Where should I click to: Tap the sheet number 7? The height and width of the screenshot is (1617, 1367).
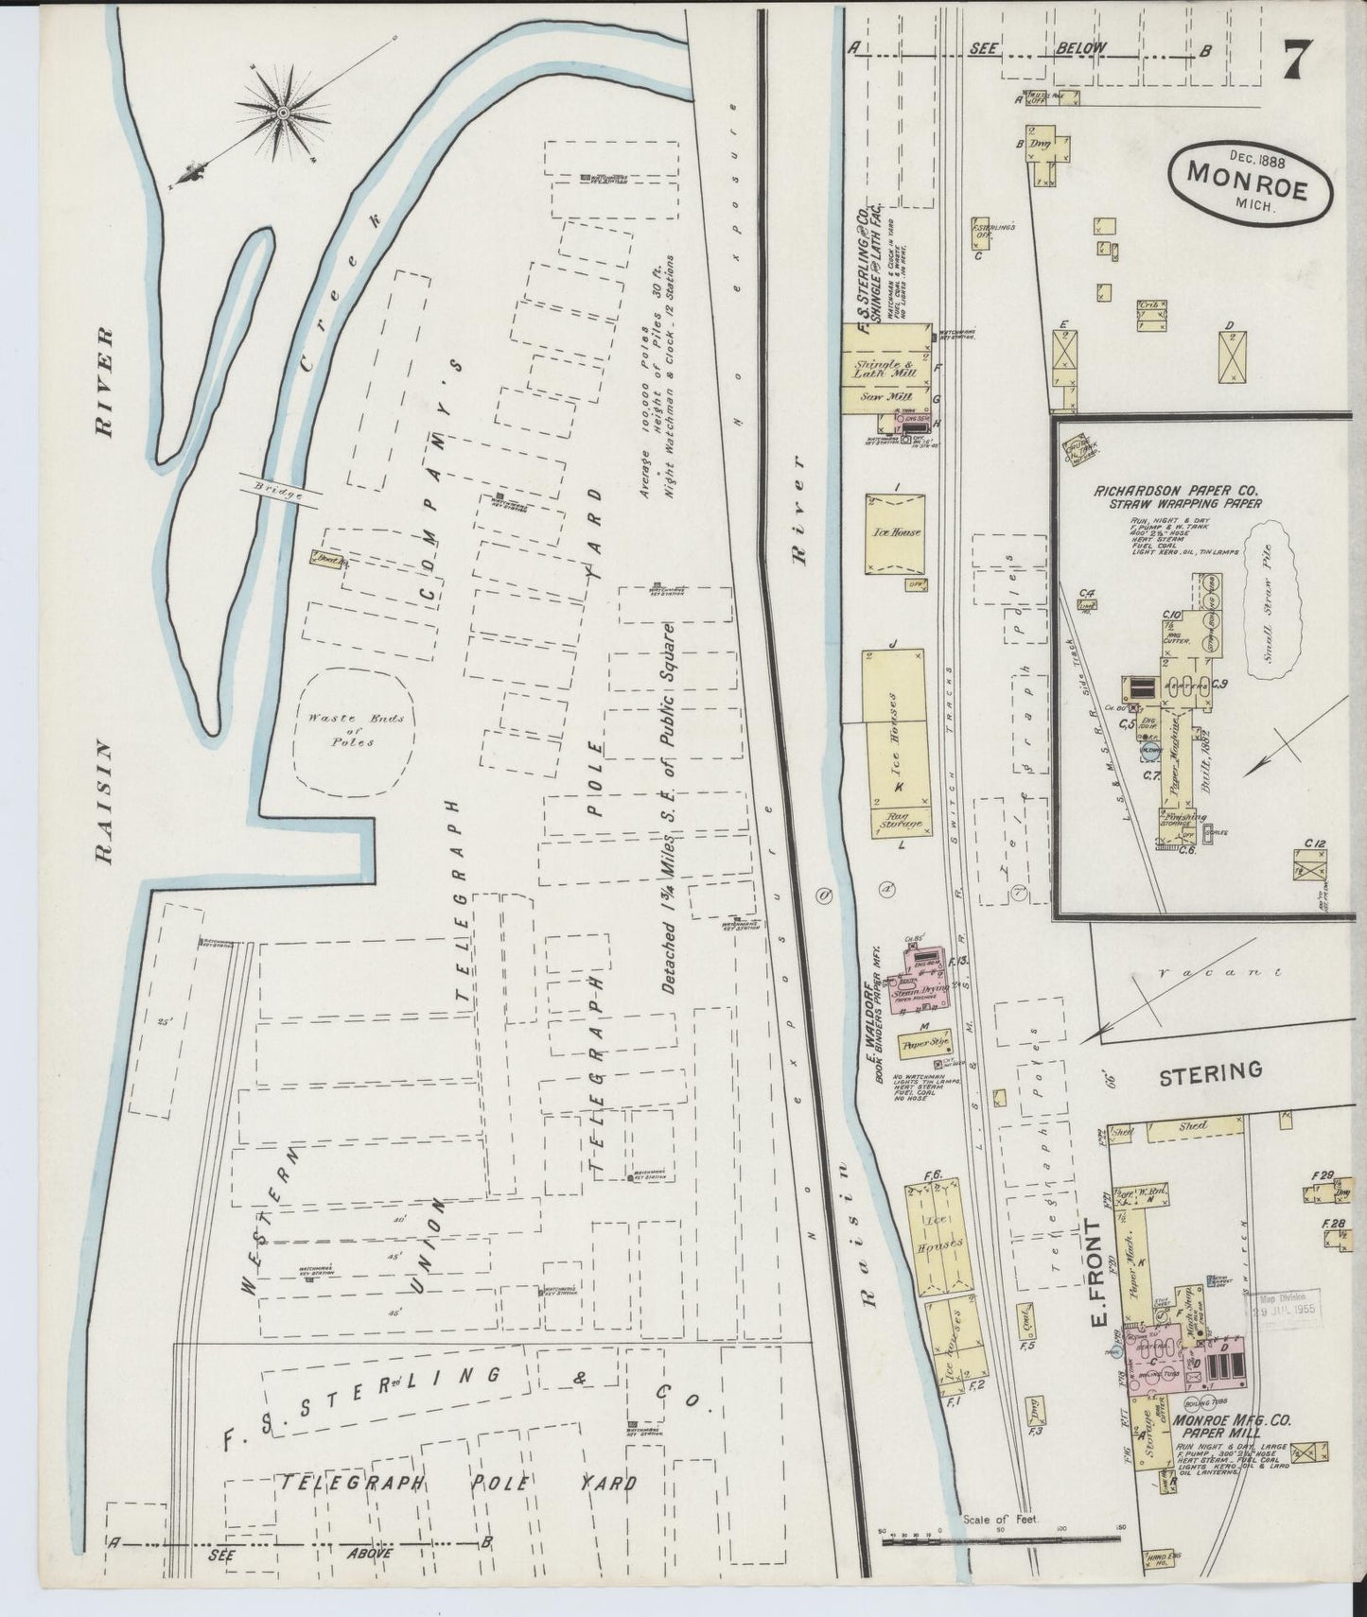pyautogui.click(x=1297, y=63)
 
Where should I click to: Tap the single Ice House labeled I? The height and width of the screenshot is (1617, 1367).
pyautogui.click(x=895, y=532)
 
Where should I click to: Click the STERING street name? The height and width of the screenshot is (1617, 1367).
pyautogui.click(x=1210, y=1071)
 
